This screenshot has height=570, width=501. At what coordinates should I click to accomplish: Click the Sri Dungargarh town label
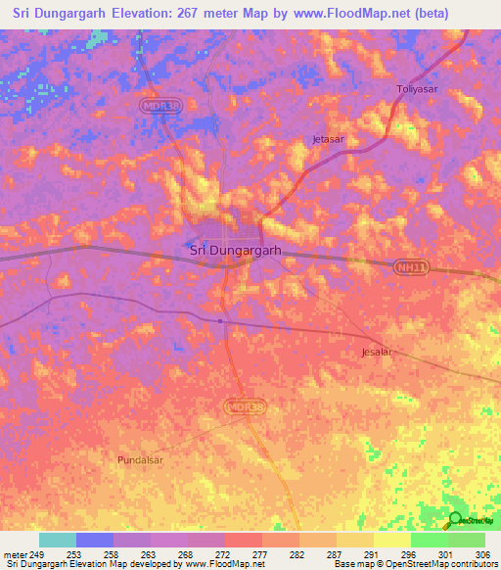click(235, 250)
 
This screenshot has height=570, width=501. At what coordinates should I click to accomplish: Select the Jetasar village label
click(329, 139)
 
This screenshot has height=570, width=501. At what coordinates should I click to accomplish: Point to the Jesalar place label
click(377, 352)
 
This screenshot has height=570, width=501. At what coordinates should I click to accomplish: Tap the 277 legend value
click(262, 553)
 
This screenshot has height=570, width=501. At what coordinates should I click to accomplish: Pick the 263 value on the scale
click(150, 553)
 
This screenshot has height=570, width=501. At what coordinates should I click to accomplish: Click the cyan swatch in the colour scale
click(57, 540)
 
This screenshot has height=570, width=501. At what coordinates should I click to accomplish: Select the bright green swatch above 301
click(429, 540)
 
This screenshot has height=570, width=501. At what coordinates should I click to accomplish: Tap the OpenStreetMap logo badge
click(467, 521)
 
